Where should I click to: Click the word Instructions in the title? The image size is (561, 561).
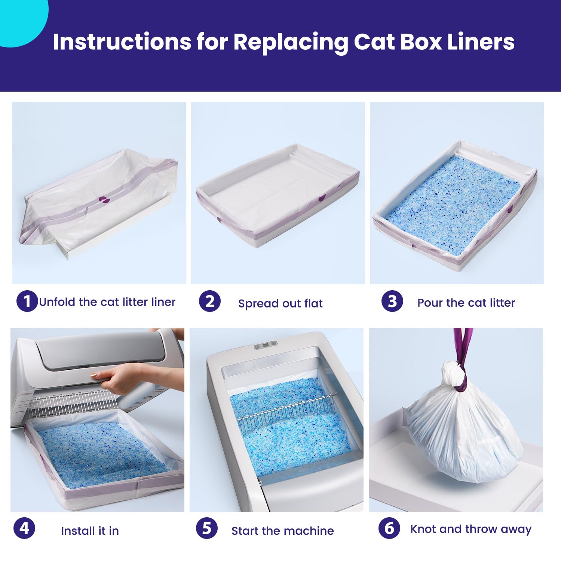click(x=122, y=42)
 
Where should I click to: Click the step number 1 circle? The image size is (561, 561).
click(x=27, y=301)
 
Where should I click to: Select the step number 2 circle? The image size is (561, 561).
click(x=210, y=301)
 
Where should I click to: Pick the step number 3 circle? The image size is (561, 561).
click(x=392, y=301)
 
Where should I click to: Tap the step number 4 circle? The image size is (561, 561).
click(x=24, y=528)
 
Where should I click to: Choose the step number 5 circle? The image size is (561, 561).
click(x=207, y=528)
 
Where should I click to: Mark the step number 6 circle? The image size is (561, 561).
click(x=389, y=528)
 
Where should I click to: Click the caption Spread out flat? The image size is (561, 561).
click(x=280, y=303)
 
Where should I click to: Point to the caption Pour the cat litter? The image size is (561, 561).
click(x=466, y=303)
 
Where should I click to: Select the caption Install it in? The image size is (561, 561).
click(x=90, y=531)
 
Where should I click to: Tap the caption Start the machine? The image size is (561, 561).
click(x=282, y=531)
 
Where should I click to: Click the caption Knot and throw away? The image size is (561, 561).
click(x=470, y=529)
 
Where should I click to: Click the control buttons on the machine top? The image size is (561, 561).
click(x=265, y=345)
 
